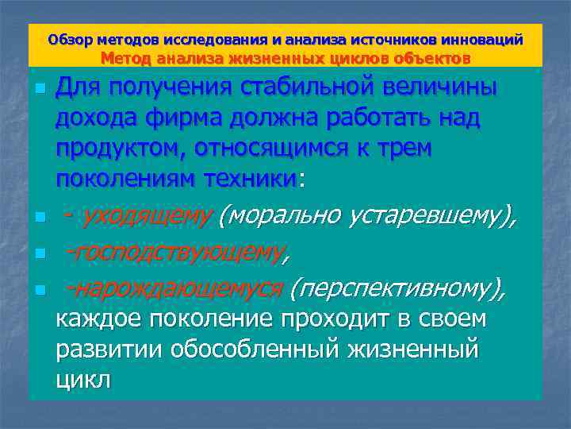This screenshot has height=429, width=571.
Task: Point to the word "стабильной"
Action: [299, 87]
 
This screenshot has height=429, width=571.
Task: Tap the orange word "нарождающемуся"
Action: [179, 290]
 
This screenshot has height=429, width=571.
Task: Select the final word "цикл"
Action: [83, 379]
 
